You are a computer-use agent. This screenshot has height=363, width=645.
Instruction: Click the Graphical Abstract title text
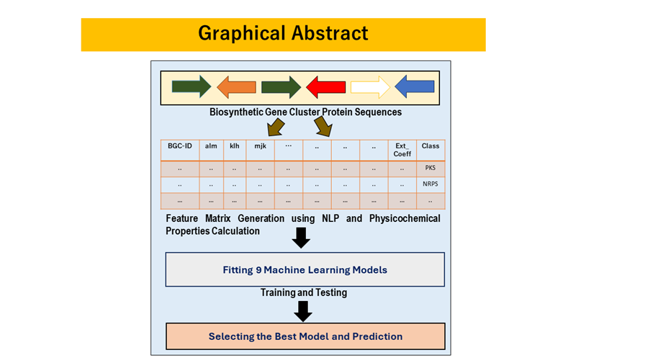click(283, 34)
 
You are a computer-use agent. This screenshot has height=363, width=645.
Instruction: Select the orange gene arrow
click(237, 87)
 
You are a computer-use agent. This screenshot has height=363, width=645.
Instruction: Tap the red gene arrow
click(326, 87)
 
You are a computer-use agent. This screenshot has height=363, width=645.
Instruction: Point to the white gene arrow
click(370, 87)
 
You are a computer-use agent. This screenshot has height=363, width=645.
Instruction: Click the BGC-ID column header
click(179, 146)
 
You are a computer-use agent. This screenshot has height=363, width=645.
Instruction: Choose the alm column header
click(211, 146)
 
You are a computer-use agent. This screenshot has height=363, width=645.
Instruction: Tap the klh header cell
click(235, 146)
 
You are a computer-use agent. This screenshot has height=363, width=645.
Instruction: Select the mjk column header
click(259, 146)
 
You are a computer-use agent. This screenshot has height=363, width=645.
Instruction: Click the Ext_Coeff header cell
click(402, 149)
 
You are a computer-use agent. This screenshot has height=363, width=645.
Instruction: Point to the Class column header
click(430, 146)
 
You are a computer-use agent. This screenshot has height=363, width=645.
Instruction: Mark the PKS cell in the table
click(430, 168)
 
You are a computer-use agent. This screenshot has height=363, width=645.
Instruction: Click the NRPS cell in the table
click(430, 184)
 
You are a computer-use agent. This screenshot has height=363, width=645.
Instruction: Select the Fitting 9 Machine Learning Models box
click(305, 270)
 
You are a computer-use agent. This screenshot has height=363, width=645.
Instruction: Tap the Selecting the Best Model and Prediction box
click(305, 336)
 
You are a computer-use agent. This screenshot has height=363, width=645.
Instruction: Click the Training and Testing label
click(303, 292)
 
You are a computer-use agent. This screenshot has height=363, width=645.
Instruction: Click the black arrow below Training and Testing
click(304, 310)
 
